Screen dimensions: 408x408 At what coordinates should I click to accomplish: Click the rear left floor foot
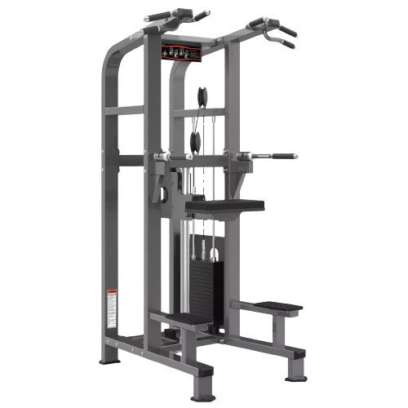(x=108, y=360)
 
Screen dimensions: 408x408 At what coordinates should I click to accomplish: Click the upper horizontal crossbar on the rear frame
(x=122, y=109)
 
